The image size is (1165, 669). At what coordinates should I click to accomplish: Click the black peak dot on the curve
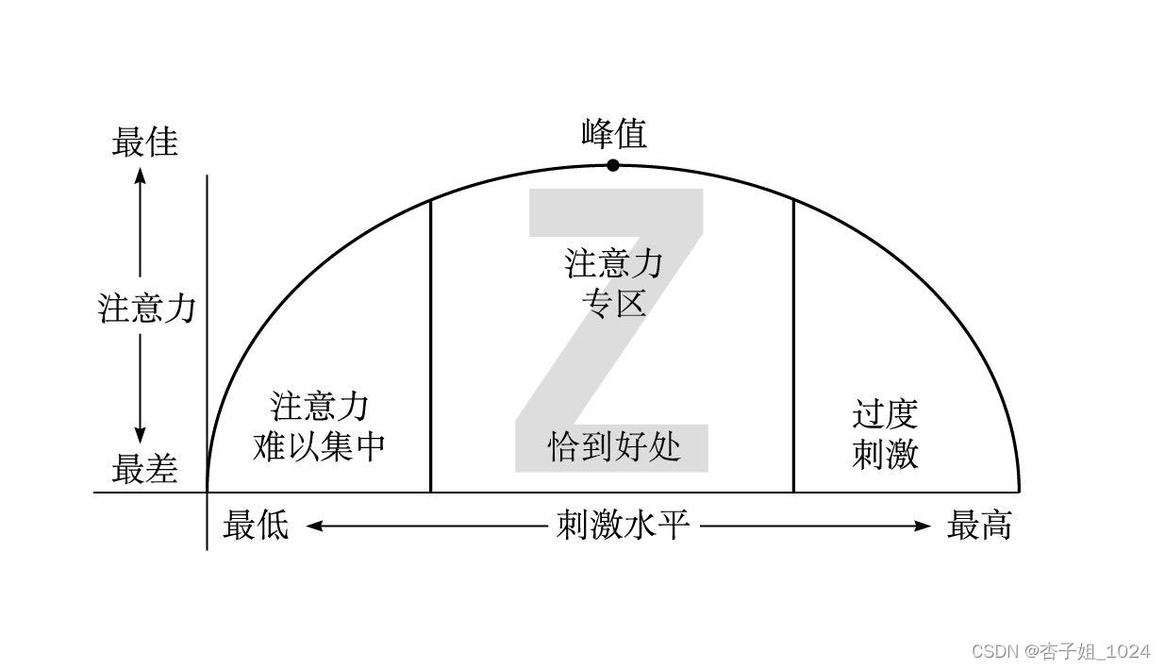613,165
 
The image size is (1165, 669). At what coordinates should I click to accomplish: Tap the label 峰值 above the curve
614,134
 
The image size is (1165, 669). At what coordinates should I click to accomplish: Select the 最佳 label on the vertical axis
144,142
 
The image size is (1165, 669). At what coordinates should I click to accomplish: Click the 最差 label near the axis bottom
144,469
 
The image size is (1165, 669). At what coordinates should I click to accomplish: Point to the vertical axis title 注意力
146,309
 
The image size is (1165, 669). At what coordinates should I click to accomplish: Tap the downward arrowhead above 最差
140,435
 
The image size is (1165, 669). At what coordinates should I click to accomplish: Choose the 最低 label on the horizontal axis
256,525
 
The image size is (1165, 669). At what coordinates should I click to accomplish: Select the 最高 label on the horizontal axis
979,525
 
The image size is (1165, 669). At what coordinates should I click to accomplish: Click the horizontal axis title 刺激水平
623,525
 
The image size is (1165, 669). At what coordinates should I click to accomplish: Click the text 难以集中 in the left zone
319,446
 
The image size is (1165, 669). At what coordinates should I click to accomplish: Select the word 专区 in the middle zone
614,305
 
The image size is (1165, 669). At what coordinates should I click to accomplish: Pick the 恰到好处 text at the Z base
614,445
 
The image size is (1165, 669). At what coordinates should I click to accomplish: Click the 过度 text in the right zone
885,414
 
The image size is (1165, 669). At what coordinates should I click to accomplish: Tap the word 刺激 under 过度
885,455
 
